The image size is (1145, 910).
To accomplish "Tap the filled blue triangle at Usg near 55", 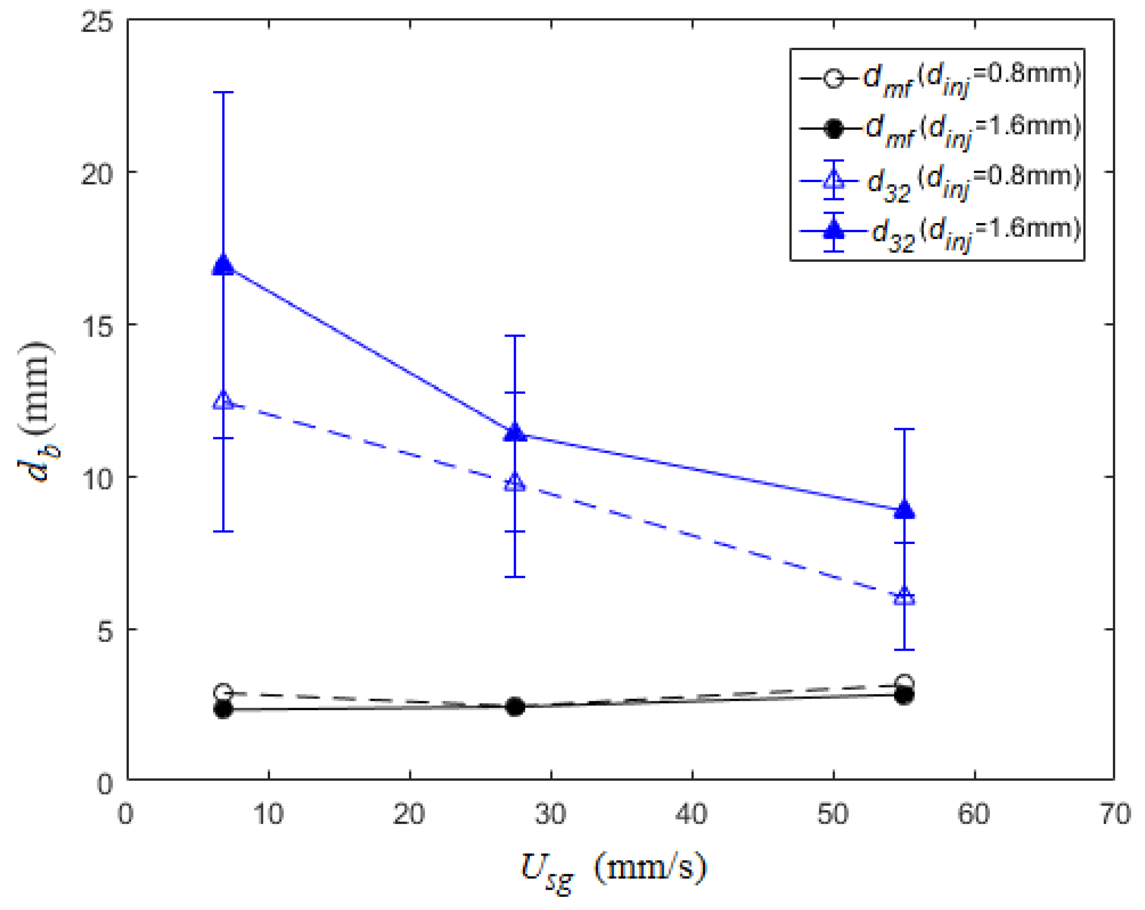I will click(x=904, y=509).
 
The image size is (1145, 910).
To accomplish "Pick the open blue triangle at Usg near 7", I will click(x=224, y=401).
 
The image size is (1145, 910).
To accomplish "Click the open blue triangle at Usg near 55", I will click(x=904, y=596).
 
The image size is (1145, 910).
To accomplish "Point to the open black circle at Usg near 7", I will click(x=224, y=693).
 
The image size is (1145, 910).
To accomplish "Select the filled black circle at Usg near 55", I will click(x=904, y=696).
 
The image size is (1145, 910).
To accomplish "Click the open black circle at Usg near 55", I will click(x=904, y=683).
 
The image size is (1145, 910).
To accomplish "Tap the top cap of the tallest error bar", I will click(x=224, y=92).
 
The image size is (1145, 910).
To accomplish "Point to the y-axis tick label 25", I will click(x=97, y=23).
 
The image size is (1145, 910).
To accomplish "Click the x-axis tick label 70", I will click(x=1115, y=813).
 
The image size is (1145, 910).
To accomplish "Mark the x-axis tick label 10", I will click(x=269, y=813).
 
